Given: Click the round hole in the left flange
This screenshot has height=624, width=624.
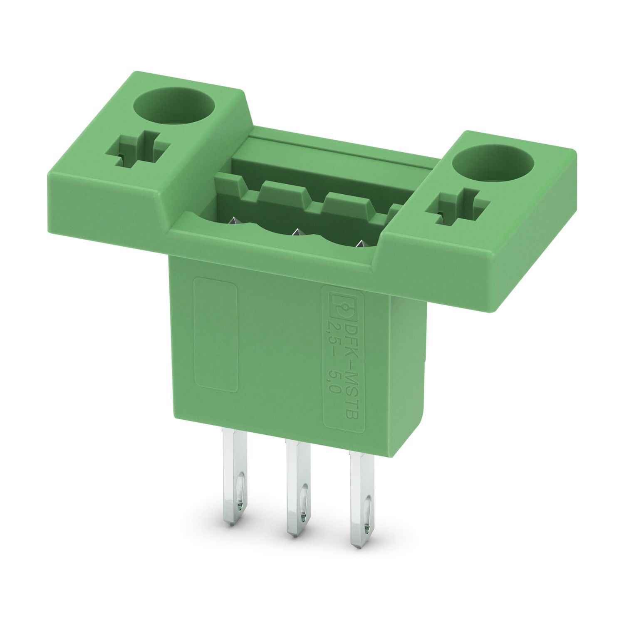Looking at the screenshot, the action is tap(176, 106).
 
